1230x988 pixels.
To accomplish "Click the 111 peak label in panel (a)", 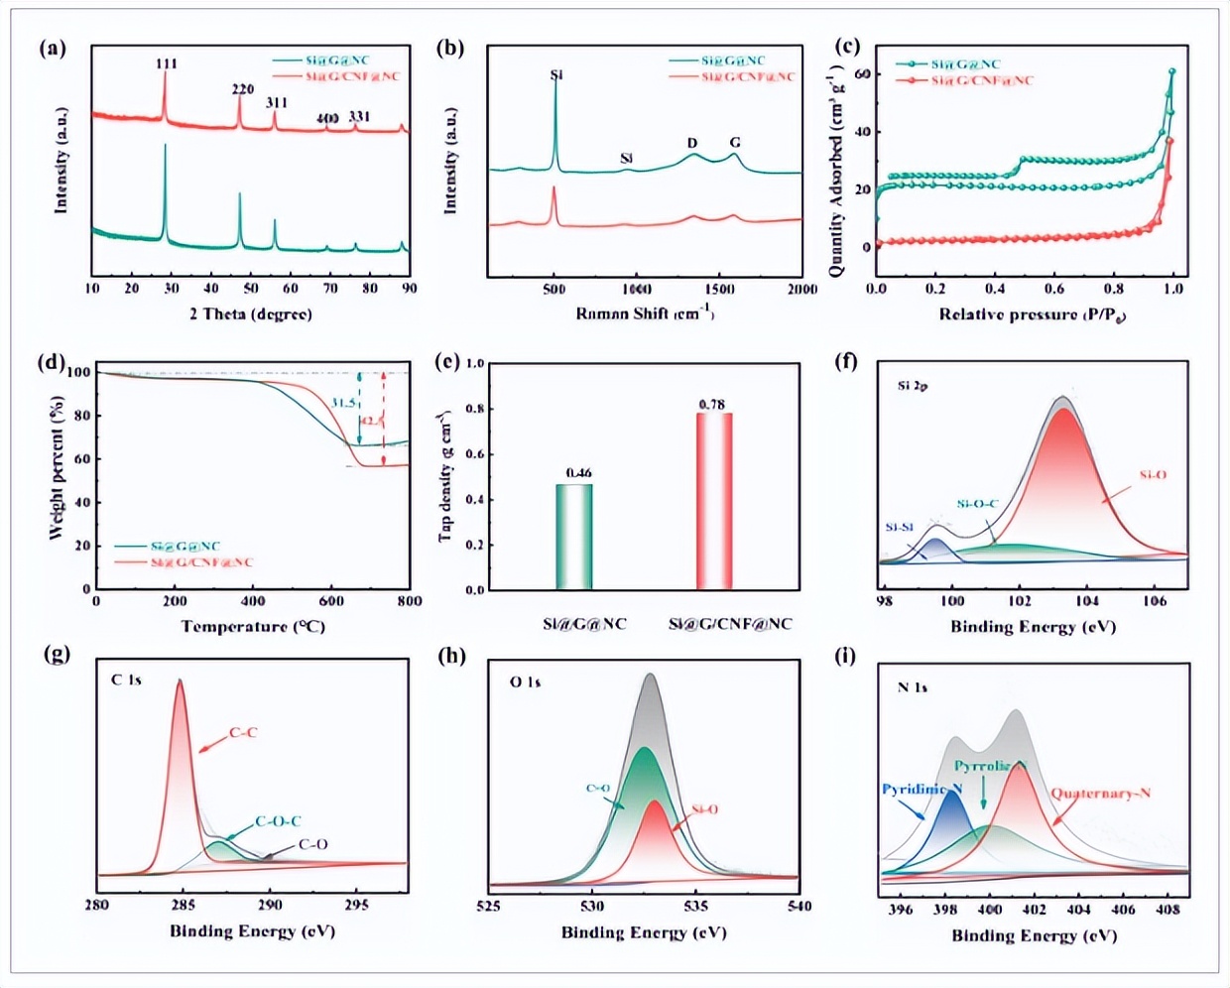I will pos(167,64).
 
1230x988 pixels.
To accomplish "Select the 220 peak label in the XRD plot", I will pos(243,89).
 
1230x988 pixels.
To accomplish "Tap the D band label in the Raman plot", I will pos(692,143).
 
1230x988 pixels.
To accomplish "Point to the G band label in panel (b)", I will pos(735,143).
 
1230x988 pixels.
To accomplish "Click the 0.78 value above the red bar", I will pos(711,405).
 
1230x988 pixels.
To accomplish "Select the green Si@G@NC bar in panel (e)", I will pos(574,537).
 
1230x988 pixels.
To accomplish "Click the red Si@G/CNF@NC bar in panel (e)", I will pos(713,501).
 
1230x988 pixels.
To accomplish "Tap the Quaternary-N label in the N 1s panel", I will pos(1100,794).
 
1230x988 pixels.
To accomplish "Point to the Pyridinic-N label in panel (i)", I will pos(922,790).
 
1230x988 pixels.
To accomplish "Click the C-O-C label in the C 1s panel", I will pos(278,821).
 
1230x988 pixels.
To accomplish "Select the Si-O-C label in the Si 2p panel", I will pos(977,504).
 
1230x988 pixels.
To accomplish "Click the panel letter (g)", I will pos(57,657).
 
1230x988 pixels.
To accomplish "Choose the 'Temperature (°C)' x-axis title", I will pos(253,627).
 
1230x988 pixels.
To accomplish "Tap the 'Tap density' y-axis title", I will pos(445,476).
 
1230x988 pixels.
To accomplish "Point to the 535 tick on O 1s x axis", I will pos(696,906).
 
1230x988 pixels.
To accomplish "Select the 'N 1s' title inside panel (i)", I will pos(912,687).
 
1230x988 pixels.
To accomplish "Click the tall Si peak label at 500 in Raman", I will pos(555,74).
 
